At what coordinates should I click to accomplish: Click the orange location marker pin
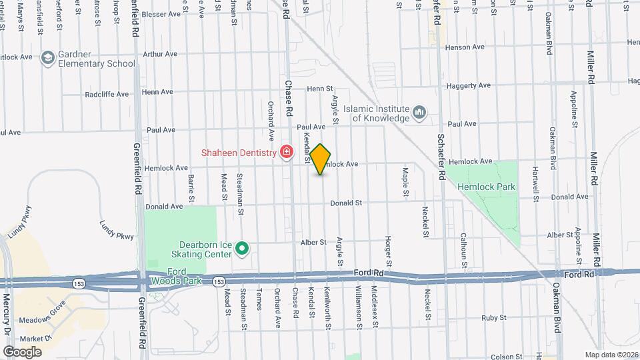[321, 159]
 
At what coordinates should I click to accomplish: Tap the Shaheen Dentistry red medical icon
[287, 153]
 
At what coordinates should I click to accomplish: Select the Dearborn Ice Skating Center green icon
[243, 250]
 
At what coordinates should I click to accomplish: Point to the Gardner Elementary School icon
[47, 59]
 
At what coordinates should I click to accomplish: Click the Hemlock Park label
[486, 187]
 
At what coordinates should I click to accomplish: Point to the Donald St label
[345, 203]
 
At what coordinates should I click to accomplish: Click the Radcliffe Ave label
[107, 94]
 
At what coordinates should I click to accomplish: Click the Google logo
[22, 351]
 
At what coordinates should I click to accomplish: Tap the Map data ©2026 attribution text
[611, 355]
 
